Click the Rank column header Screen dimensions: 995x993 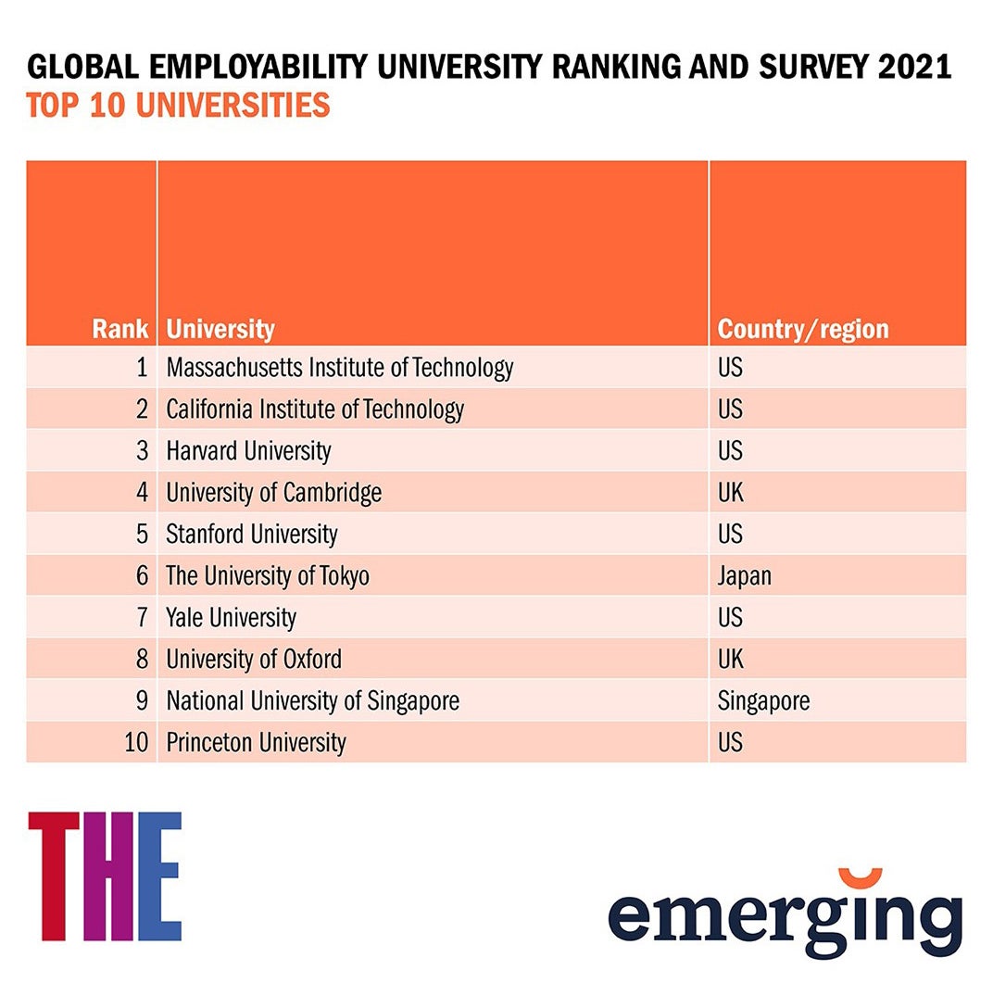(x=119, y=329)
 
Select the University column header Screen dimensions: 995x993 (x=220, y=329)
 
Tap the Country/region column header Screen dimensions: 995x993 (x=802, y=329)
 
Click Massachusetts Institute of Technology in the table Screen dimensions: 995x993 (x=339, y=368)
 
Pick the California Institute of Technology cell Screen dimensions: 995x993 (x=315, y=409)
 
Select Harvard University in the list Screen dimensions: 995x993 (x=248, y=451)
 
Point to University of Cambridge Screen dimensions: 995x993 (x=273, y=493)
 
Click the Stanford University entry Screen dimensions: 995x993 (x=252, y=535)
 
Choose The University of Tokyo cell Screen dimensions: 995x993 (x=268, y=576)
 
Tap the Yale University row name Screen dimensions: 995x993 (x=231, y=618)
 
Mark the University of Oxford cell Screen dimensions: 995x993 (x=254, y=660)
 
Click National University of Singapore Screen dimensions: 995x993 (x=312, y=701)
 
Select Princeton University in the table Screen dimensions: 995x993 (x=256, y=743)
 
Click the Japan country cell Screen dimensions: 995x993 (x=744, y=576)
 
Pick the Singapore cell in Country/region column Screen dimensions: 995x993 (x=763, y=701)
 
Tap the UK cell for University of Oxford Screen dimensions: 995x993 (x=730, y=660)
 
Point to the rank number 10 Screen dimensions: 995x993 (x=136, y=743)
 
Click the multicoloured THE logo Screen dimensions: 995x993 (x=105, y=876)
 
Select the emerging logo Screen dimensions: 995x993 (x=785, y=912)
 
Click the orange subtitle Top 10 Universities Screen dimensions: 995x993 (x=178, y=106)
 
